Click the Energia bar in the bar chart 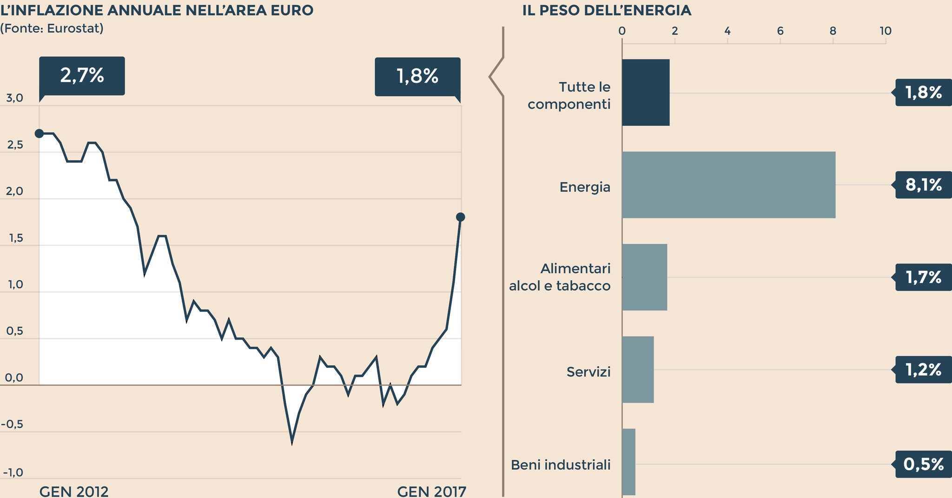[x=728, y=185]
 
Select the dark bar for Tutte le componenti [x=646, y=92]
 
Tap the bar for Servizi [x=638, y=369]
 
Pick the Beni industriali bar [x=628, y=462]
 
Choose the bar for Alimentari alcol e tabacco [x=644, y=277]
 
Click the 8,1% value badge [x=923, y=185]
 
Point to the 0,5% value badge [x=923, y=464]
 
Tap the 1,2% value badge [x=923, y=370]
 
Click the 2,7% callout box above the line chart [x=82, y=76]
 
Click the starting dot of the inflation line [x=40, y=134]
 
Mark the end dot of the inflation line [x=460, y=217]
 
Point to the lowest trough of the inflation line [x=292, y=443]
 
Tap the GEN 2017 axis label [x=431, y=491]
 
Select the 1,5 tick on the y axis [x=15, y=239]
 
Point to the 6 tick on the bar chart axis [x=780, y=31]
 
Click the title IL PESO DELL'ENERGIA [x=607, y=10]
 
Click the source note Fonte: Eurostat [x=52, y=28]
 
